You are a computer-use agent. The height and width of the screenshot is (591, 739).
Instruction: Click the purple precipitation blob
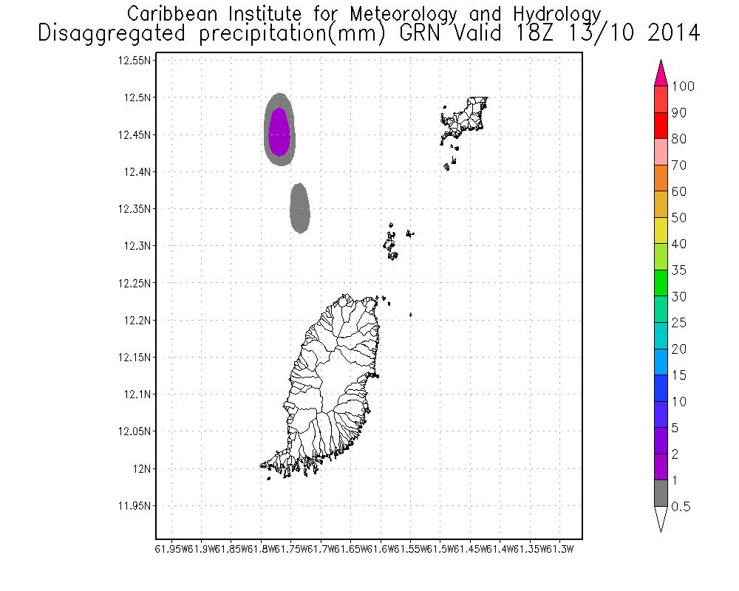(279, 132)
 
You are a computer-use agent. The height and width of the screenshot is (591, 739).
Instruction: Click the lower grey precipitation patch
(299, 209)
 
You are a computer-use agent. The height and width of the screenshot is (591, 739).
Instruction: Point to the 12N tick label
(140, 468)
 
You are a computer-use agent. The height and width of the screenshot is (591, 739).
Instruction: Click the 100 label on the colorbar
(683, 87)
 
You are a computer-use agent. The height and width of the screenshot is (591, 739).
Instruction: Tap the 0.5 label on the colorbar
(681, 507)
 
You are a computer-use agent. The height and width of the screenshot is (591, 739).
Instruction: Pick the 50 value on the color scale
(679, 218)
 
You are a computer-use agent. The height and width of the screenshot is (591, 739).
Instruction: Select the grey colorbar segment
(661, 493)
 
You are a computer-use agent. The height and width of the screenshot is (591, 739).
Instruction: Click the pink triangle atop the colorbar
(661, 73)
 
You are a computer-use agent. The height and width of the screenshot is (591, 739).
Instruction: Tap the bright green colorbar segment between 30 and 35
(661, 283)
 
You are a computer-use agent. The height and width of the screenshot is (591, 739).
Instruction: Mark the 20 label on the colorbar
(679, 349)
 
